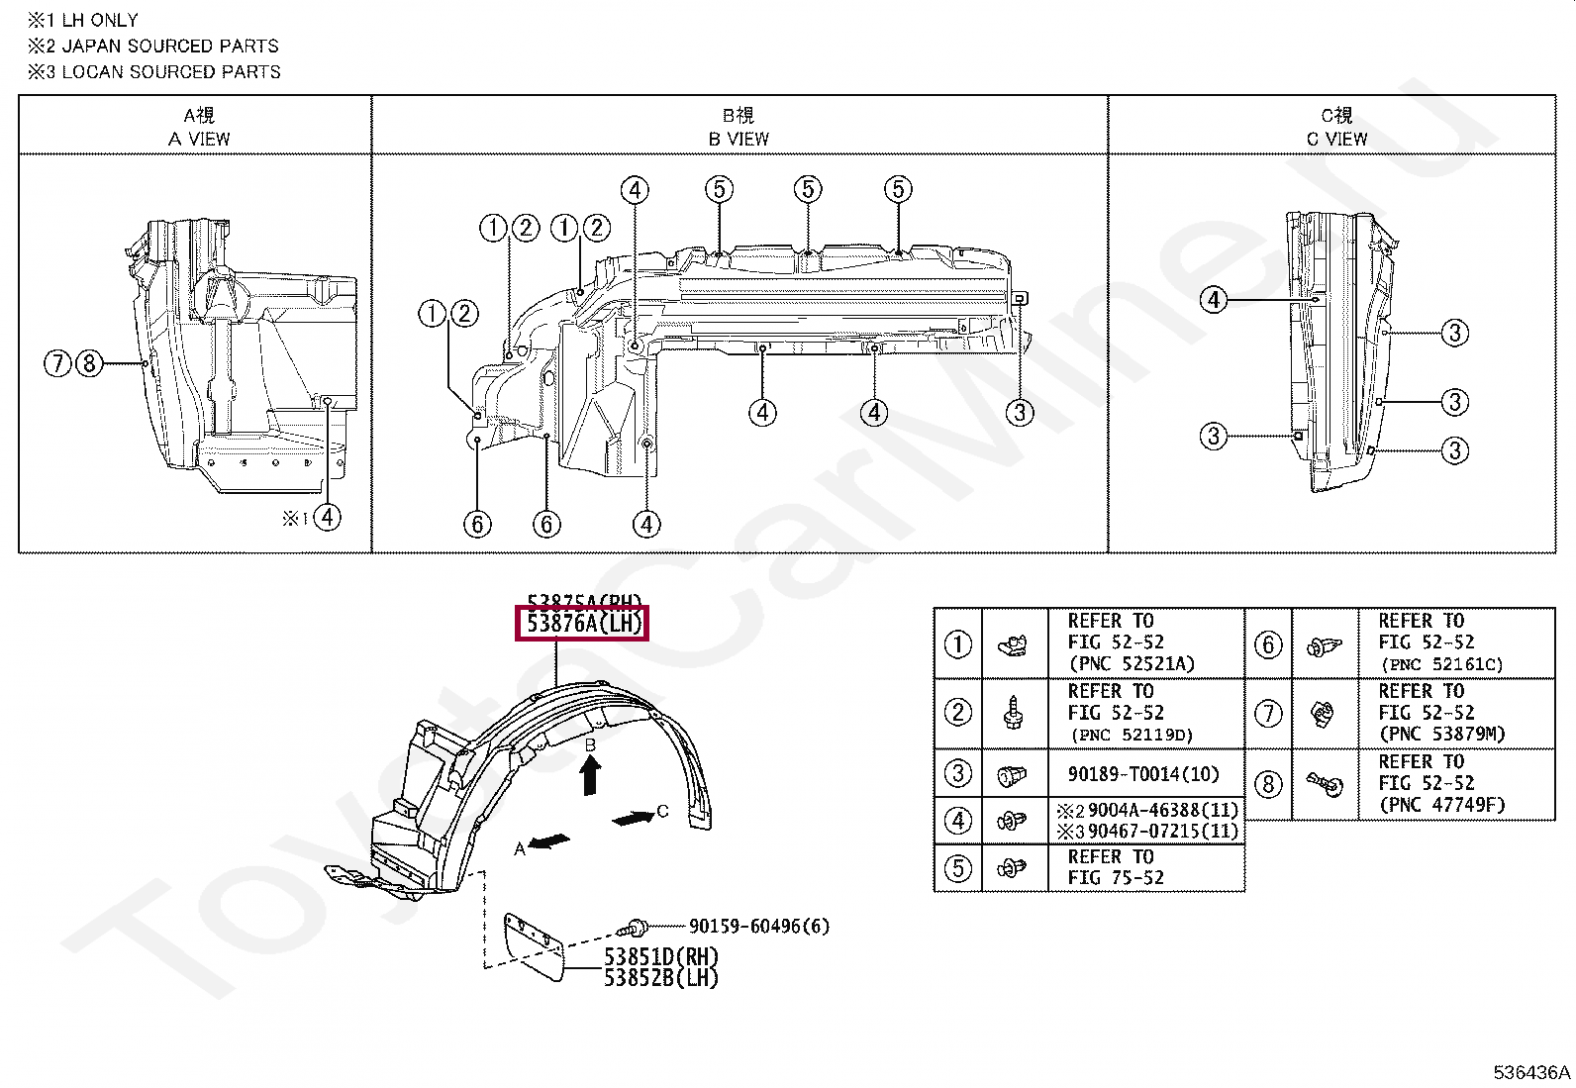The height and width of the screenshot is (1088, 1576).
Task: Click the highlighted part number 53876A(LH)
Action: [583, 625]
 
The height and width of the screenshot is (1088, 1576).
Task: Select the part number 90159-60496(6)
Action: [759, 927]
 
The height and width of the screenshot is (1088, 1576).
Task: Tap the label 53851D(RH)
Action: [661, 957]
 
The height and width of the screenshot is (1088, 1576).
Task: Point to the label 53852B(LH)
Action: [661, 978]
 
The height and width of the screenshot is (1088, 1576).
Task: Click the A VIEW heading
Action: [199, 139]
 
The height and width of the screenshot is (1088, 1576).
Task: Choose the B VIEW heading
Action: [739, 139]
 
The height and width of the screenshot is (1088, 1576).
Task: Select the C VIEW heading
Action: [1336, 139]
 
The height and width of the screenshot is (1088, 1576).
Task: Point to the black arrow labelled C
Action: [634, 818]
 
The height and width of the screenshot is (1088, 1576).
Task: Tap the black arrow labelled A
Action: [550, 841]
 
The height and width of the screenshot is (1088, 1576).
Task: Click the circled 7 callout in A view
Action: [57, 364]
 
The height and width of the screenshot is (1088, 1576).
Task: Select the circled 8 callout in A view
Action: [89, 364]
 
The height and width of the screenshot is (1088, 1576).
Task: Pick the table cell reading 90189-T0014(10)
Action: [1143, 774]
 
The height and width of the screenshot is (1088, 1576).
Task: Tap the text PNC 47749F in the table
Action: [1442, 805]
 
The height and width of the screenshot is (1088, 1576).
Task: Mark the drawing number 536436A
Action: [1531, 1072]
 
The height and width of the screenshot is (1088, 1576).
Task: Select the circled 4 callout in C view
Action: [1214, 300]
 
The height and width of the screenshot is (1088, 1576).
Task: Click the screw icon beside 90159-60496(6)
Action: [634, 928]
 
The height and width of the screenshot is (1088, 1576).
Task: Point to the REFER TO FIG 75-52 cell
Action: [1116, 867]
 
